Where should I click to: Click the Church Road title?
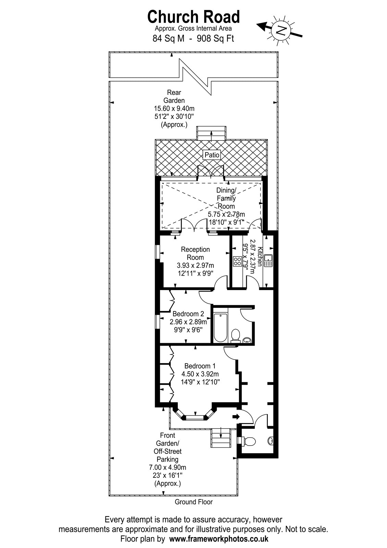point(193,17)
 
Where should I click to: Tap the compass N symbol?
point(281,30)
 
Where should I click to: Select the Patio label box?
point(212,155)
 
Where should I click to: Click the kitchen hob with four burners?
point(237,261)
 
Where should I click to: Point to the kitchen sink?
point(269,261)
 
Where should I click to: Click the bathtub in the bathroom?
point(221,327)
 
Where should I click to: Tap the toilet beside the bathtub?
point(235,335)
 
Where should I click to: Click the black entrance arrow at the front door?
point(236,416)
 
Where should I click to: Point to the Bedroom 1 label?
point(200,366)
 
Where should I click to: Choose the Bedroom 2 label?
point(188,314)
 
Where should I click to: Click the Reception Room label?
point(195,253)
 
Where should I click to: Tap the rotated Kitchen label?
point(260,256)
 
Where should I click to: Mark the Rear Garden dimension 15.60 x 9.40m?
point(174,108)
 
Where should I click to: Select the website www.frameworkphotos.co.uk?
point(219,539)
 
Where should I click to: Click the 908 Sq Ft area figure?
point(215,39)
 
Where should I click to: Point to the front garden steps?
point(221,438)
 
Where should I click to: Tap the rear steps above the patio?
point(211,133)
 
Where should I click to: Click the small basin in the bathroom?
point(247,339)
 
